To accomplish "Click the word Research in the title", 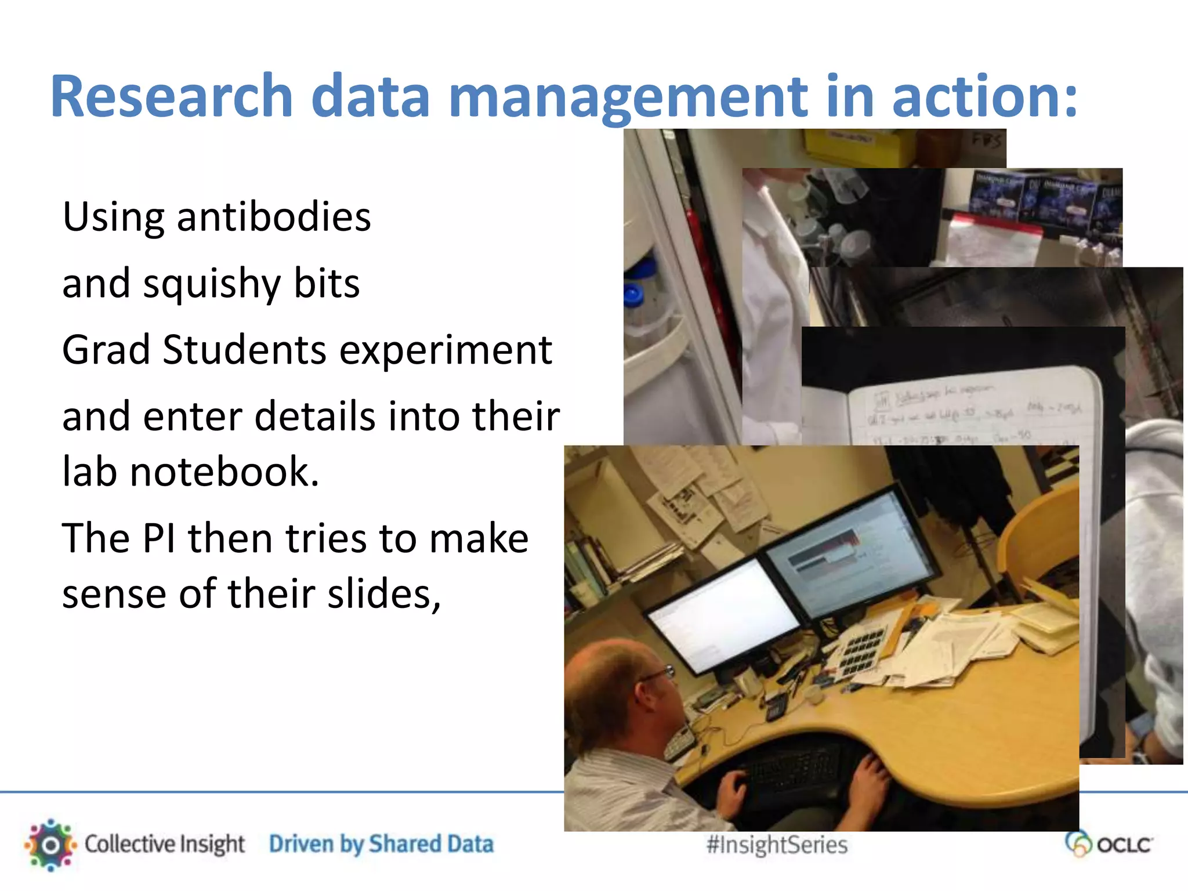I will (172, 96).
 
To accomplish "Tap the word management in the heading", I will (628, 96).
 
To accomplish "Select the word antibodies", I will (274, 217).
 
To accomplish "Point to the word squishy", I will (212, 284).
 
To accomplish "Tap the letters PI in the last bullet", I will (158, 538).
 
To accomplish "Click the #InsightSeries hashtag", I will (777, 845).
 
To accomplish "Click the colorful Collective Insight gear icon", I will (50, 845).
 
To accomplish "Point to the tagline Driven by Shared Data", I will (381, 845).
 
